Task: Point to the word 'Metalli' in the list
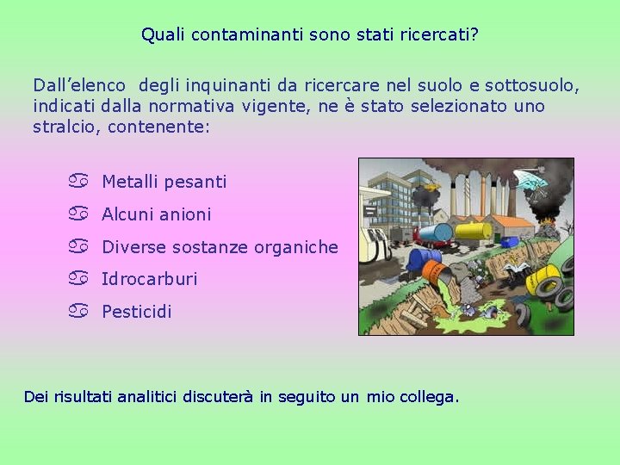tap(129, 182)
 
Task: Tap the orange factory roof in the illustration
tap(512, 221)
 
